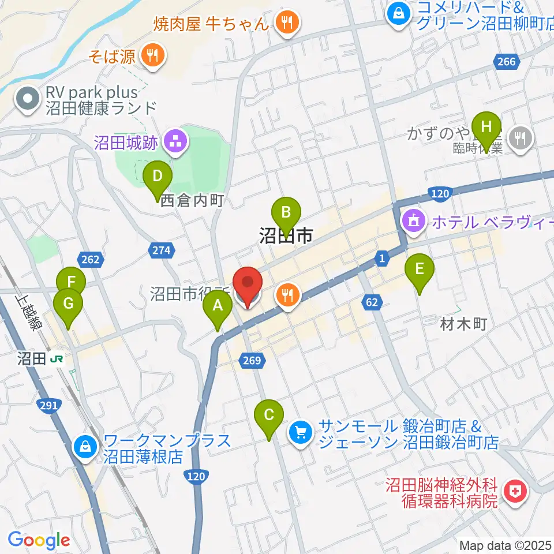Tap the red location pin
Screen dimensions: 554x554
click(248, 285)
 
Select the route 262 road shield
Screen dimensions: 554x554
click(91, 260)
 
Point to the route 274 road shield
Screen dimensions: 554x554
click(162, 250)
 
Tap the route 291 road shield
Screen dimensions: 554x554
click(50, 406)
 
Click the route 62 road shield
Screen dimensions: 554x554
click(372, 301)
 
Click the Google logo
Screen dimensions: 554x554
click(39, 540)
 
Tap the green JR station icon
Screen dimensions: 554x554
click(57, 359)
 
